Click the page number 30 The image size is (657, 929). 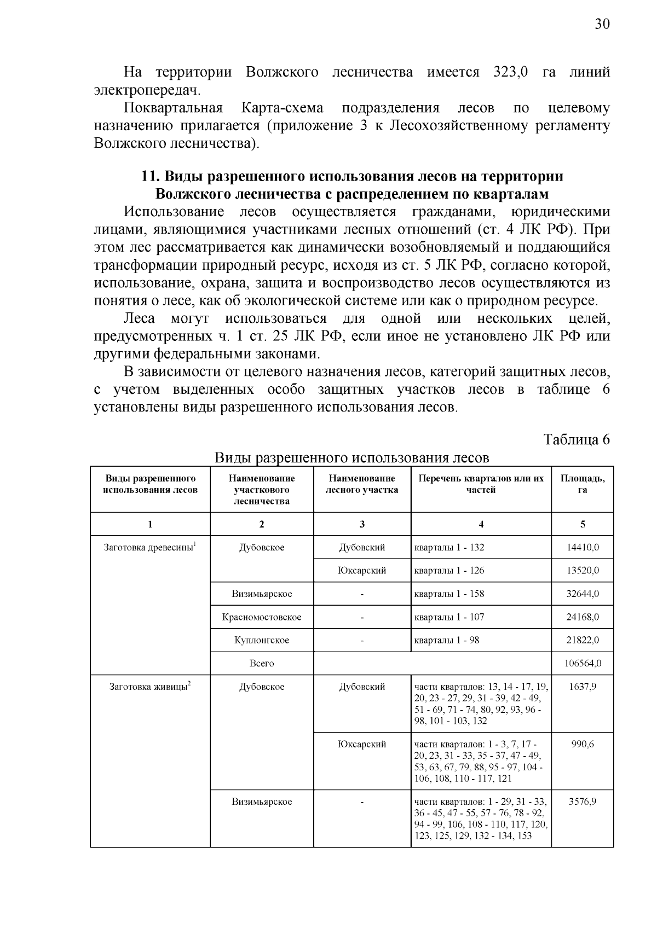[x=602, y=24]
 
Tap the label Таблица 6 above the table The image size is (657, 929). [x=576, y=439]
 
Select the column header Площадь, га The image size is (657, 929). [x=582, y=484]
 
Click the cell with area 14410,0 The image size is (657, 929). [x=582, y=547]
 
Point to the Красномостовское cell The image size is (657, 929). [x=262, y=617]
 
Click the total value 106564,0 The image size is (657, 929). [x=582, y=663]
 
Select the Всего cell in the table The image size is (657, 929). [x=262, y=663]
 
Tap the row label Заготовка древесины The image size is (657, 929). [x=149, y=547]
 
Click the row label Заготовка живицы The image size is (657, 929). [x=149, y=687]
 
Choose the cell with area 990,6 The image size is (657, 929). [x=582, y=744]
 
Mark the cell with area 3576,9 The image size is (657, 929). [x=582, y=802]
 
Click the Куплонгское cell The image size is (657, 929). [x=262, y=640]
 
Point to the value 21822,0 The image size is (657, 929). [x=582, y=640]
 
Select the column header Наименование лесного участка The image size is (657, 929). [x=362, y=484]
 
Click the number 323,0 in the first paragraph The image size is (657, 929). [x=510, y=72]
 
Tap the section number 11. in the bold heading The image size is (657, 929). [x=150, y=177]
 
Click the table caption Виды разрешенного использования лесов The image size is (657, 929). [x=351, y=457]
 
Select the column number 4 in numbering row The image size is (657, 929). [x=481, y=524]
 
